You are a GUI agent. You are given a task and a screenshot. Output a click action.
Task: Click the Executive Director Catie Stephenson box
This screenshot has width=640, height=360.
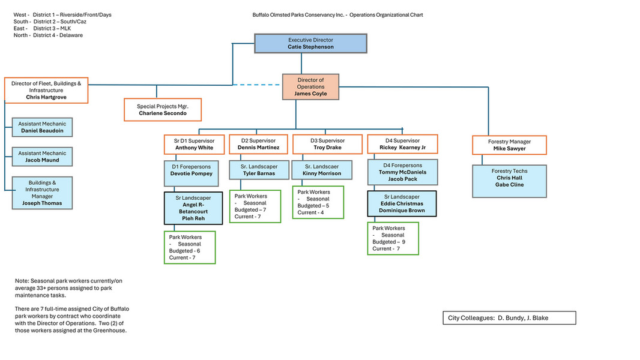(x=310, y=43)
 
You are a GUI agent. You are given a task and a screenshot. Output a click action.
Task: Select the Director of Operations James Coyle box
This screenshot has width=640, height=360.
(x=310, y=87)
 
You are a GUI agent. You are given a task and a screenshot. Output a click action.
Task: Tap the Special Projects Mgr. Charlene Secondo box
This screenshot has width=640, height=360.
(x=163, y=110)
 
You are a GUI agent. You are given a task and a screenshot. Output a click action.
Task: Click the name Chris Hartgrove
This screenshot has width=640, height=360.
(x=46, y=97)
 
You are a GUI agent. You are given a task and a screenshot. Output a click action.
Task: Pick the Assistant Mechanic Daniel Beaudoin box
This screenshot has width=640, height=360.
(x=42, y=127)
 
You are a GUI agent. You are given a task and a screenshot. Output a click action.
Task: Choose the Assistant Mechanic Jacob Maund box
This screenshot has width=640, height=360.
(x=42, y=157)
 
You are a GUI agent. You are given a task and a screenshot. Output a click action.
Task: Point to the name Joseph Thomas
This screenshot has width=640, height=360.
(x=42, y=203)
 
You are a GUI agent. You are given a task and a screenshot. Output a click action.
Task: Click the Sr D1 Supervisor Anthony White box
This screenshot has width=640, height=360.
(x=194, y=144)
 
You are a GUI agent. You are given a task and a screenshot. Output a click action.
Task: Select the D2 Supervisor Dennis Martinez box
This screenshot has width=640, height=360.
(x=258, y=144)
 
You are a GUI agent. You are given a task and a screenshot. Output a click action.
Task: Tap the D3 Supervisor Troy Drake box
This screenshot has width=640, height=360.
(x=327, y=144)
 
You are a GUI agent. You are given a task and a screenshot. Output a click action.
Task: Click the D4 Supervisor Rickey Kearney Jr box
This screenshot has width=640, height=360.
(x=402, y=144)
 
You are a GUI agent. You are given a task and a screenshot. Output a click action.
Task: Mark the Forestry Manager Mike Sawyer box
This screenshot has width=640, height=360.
(x=509, y=145)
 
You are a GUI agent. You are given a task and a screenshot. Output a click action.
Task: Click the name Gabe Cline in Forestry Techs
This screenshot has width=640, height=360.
(x=509, y=185)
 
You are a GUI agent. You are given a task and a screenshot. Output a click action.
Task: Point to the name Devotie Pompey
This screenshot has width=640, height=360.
(x=192, y=173)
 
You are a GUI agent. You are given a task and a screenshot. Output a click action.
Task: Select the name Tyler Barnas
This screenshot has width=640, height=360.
(x=259, y=173)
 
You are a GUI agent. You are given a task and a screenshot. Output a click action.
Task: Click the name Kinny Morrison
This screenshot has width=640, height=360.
(x=322, y=173)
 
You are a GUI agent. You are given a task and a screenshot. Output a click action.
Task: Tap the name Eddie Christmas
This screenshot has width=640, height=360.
(x=402, y=203)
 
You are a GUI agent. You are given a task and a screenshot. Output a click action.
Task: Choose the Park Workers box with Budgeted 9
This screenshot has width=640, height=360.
(x=393, y=238)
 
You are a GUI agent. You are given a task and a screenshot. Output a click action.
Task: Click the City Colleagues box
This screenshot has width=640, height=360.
(x=509, y=317)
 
